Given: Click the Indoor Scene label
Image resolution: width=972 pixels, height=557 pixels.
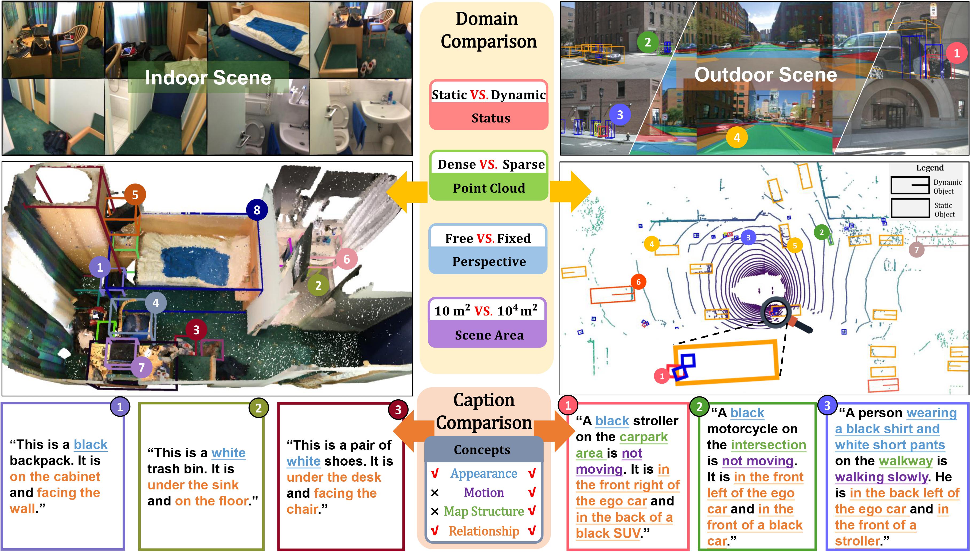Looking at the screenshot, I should point(208,78).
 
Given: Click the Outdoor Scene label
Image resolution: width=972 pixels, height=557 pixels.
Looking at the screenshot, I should point(766,75).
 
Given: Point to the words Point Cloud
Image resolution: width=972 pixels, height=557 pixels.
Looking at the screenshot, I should point(489,188).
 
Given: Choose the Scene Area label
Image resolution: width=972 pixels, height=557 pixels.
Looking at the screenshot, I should point(489,335).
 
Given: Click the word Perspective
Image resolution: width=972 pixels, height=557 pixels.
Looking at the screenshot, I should point(489,262).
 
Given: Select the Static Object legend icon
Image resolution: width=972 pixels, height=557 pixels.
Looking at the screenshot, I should point(910,208).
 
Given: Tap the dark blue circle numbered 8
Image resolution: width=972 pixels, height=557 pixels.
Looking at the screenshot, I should point(257,210).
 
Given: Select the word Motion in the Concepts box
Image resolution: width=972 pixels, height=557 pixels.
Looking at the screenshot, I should point(484,493).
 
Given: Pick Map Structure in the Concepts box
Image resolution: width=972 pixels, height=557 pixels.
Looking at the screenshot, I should point(484,512).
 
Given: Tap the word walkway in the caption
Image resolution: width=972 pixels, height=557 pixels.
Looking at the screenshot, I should point(906,461).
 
